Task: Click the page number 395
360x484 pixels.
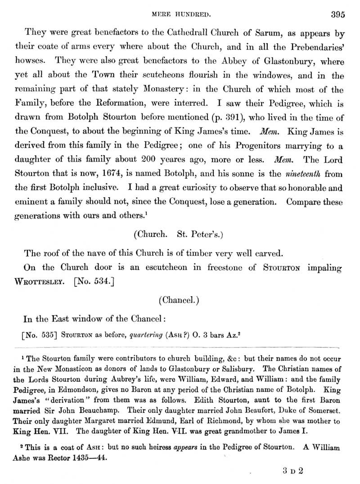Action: (x=337, y=14)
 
